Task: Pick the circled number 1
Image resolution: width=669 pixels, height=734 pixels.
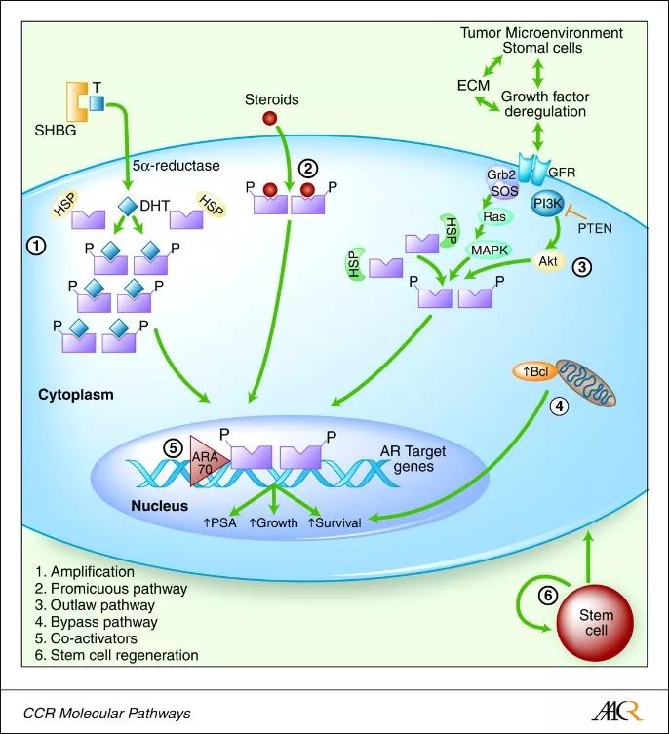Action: pos(34,247)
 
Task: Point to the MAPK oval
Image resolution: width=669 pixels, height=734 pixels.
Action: pos(492,251)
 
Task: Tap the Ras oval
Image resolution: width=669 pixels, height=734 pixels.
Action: pos(492,217)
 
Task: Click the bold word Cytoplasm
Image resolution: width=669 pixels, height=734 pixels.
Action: pos(76,396)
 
